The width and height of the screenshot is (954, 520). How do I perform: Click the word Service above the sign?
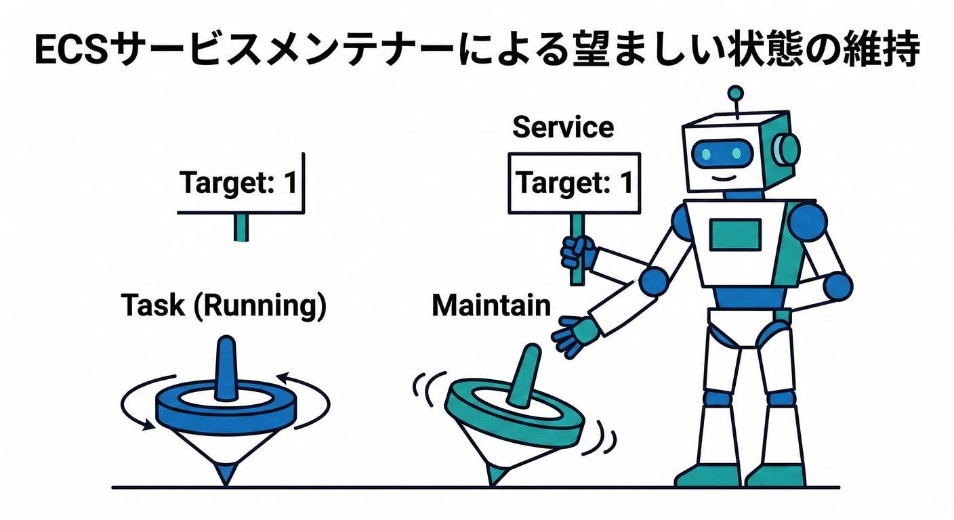[563, 127]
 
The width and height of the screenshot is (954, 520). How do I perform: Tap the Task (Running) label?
[224, 306]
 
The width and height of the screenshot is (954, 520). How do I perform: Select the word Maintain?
[491, 306]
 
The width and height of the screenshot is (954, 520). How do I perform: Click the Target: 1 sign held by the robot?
[574, 183]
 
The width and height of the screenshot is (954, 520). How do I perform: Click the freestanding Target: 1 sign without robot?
[239, 183]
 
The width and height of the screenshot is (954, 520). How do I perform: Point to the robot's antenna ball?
[735, 93]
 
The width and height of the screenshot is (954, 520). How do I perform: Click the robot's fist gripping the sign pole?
[578, 253]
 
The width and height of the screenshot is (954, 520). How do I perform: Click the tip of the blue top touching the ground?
[225, 477]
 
